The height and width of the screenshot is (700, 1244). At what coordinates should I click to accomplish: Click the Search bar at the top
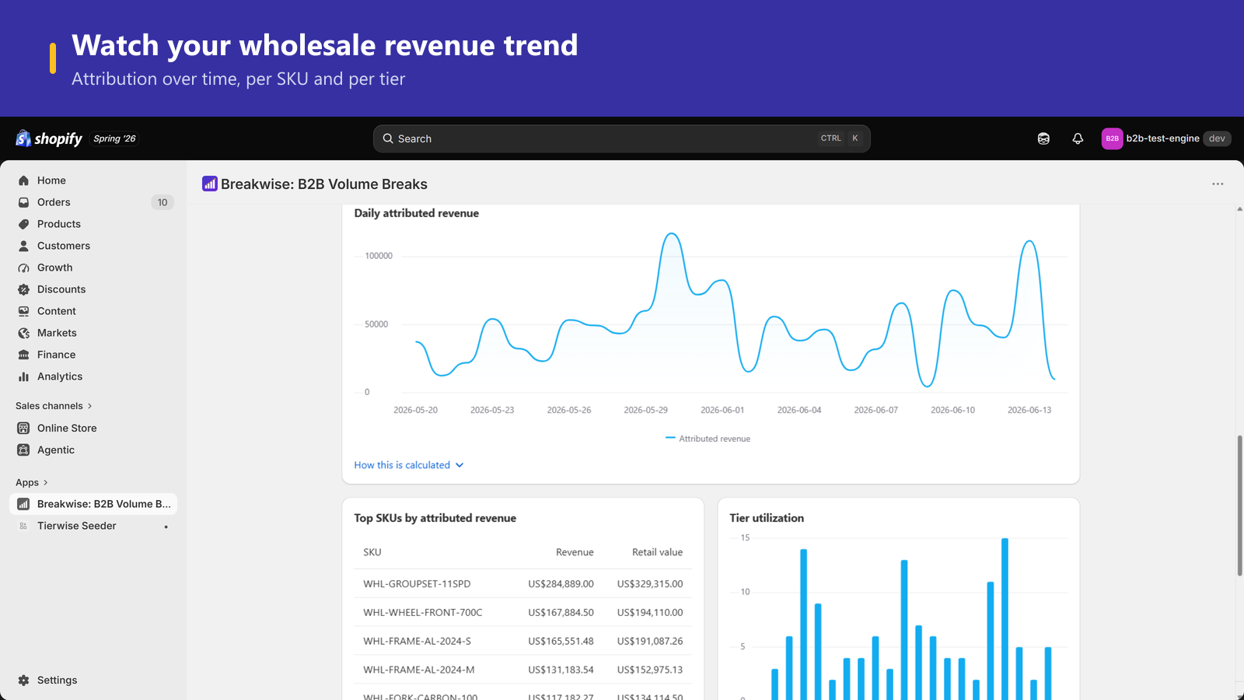(621, 138)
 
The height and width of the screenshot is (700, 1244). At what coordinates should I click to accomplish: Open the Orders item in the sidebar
(54, 202)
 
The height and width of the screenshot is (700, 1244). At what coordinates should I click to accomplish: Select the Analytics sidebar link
(59, 376)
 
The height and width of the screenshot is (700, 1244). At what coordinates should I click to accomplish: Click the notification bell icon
(1078, 138)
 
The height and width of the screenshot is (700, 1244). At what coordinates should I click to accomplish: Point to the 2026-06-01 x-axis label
(722, 410)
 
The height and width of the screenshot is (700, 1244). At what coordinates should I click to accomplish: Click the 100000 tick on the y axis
(379, 256)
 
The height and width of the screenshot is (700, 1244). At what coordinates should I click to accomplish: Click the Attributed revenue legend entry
(708, 439)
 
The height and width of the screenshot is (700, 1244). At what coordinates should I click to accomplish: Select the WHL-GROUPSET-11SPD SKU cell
(417, 584)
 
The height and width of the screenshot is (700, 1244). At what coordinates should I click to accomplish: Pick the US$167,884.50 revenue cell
(561, 612)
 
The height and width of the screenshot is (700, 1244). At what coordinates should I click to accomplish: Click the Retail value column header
(657, 552)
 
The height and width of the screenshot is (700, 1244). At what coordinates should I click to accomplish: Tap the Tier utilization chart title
(767, 518)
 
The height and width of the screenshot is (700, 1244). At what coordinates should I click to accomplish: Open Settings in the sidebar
(57, 680)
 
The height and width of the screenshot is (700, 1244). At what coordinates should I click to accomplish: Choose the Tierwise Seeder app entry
(77, 526)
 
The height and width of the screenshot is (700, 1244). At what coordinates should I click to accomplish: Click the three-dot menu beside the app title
(1218, 184)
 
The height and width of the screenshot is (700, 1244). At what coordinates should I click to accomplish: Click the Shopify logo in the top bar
(49, 138)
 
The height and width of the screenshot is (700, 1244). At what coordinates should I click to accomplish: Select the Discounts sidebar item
(61, 289)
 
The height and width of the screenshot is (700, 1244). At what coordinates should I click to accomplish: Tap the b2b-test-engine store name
(1162, 138)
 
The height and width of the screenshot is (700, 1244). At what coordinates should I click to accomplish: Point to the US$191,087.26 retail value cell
(650, 641)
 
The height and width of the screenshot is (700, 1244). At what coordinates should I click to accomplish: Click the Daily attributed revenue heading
(417, 213)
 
